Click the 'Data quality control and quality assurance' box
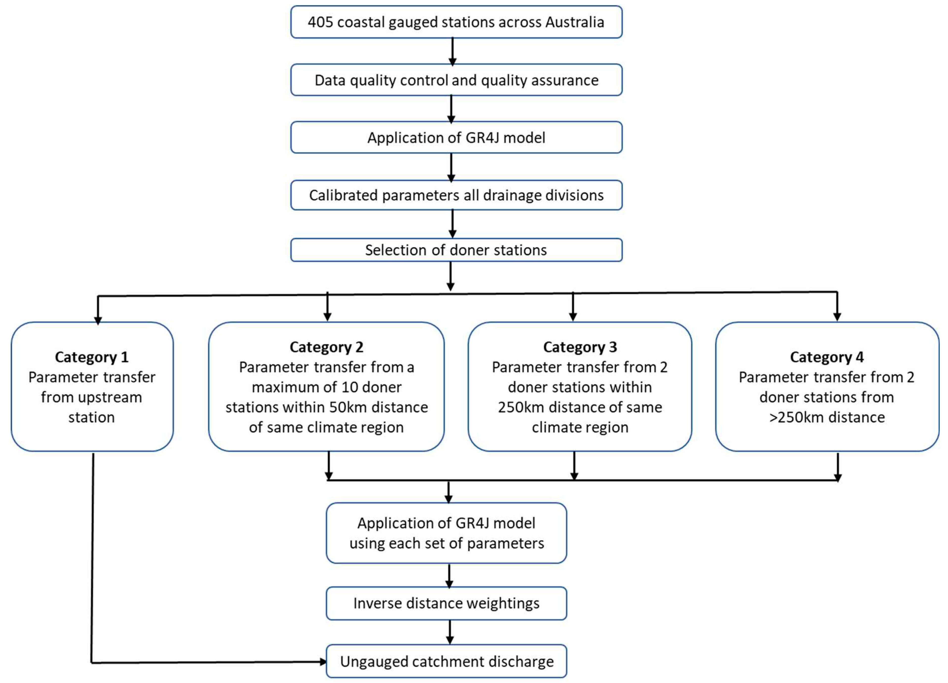click(x=456, y=80)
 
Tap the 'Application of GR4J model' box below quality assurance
click(x=456, y=138)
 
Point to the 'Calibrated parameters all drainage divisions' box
click(x=456, y=195)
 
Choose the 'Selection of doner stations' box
click(x=456, y=250)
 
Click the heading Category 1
click(x=91, y=357)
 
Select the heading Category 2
click(x=327, y=347)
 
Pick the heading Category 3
click(x=580, y=347)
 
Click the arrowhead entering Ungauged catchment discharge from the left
click(x=323, y=662)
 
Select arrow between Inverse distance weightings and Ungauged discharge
click(x=450, y=632)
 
